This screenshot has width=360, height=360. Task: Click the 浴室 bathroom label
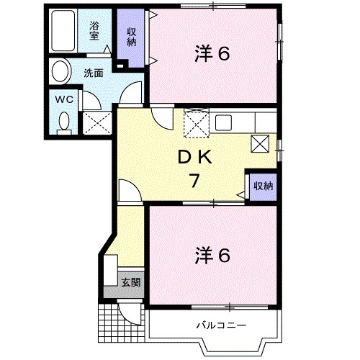94,30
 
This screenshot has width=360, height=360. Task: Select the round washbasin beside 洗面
60,72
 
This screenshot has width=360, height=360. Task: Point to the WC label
63,100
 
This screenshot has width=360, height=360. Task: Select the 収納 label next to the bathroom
132,35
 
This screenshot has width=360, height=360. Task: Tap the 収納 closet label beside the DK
262,186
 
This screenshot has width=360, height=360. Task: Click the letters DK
193,156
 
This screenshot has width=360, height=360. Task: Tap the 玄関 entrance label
130,282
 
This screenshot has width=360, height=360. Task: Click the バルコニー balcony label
221,325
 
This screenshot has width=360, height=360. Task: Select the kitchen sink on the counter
222,122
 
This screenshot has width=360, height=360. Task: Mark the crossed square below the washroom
95,122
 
